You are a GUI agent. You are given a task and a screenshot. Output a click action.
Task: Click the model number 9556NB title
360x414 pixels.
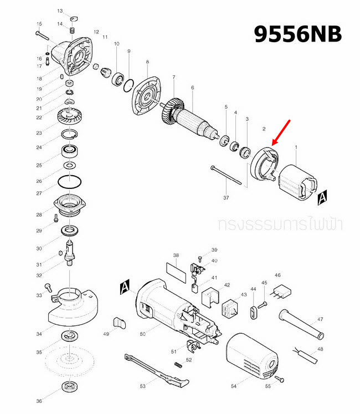click(x=297, y=34)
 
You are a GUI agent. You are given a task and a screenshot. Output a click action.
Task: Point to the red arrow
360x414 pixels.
click(x=281, y=132)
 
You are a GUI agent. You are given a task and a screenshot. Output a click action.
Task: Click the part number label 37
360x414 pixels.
click(x=226, y=197)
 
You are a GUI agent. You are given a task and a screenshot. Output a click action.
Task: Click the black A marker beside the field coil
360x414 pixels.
click(x=323, y=196)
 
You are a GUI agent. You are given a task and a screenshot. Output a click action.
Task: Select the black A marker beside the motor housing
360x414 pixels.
click(x=125, y=287)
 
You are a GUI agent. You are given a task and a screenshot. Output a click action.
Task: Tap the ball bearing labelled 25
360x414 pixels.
click(x=69, y=151)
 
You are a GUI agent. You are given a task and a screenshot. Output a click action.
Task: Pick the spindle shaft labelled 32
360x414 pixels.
click(x=70, y=252)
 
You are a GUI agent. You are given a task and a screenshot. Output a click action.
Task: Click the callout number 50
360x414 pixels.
click(x=142, y=334)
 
